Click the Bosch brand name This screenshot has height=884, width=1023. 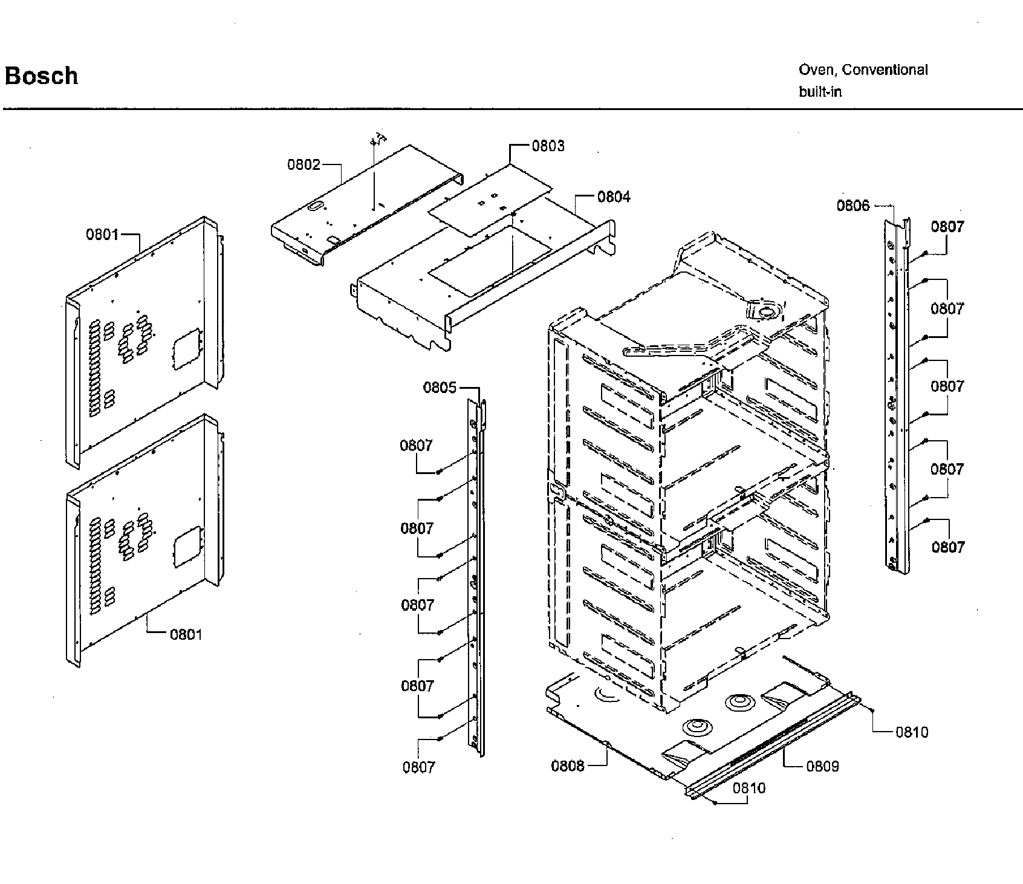(x=41, y=76)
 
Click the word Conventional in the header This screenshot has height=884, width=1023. (x=885, y=70)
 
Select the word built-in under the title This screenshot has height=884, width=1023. (x=820, y=92)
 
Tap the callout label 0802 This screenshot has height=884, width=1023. (x=304, y=164)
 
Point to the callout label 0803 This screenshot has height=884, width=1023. (x=548, y=146)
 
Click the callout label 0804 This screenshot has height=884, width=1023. (x=613, y=197)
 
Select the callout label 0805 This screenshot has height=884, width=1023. (x=440, y=388)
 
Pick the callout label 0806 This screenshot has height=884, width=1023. (x=852, y=206)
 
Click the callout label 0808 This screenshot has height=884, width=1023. (x=567, y=766)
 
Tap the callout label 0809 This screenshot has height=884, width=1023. (x=822, y=767)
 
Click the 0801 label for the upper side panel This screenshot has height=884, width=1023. (x=102, y=235)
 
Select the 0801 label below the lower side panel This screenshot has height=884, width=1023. (x=186, y=634)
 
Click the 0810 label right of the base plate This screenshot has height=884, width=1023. (x=911, y=732)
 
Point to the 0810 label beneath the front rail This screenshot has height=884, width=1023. (x=749, y=788)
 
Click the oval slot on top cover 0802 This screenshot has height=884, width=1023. (x=315, y=207)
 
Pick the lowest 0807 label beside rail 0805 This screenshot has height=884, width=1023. (x=418, y=767)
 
